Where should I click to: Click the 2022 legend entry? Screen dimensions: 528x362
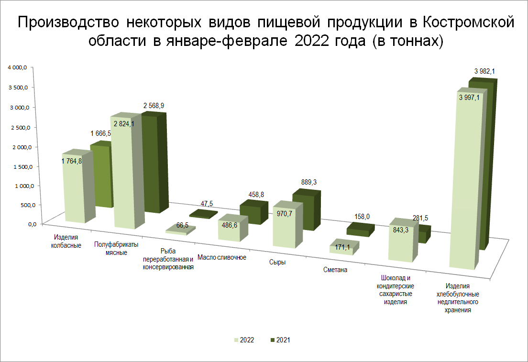pyautogui.click(x=244, y=340)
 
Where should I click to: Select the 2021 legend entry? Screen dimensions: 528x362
pyautogui.click(x=280, y=340)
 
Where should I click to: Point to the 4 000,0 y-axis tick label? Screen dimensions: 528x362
pyautogui.click(x=18, y=68)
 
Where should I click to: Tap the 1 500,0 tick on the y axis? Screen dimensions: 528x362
pyautogui.click(x=23, y=167)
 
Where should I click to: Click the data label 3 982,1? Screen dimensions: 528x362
pyautogui.click(x=484, y=71)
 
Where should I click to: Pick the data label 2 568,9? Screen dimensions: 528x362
pyautogui.click(x=154, y=106)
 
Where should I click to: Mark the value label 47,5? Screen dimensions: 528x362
pyautogui.click(x=207, y=204)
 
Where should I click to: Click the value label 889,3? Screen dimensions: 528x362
pyautogui.click(x=309, y=182)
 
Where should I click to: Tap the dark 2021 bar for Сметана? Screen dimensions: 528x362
pyautogui.click(x=360, y=230)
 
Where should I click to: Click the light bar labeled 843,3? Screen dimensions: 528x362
pyautogui.click(x=403, y=240)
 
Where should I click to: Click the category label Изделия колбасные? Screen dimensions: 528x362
pyautogui.click(x=66, y=241)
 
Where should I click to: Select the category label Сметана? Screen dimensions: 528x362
pyautogui.click(x=335, y=270)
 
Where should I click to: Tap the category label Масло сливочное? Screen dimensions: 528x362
pyautogui.click(x=221, y=258)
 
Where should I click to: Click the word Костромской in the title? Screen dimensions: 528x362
pyautogui.click(x=468, y=22)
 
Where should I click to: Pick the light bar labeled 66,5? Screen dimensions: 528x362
pyautogui.click(x=180, y=230)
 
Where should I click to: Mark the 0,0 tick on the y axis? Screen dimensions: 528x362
pyautogui.click(x=32, y=224)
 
